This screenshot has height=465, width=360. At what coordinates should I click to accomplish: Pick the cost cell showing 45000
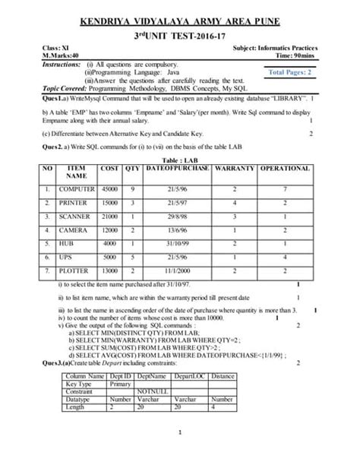tap(109, 188)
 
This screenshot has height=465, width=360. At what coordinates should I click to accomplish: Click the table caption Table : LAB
tap(179, 160)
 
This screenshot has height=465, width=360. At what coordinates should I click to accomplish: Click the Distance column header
tap(223, 376)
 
